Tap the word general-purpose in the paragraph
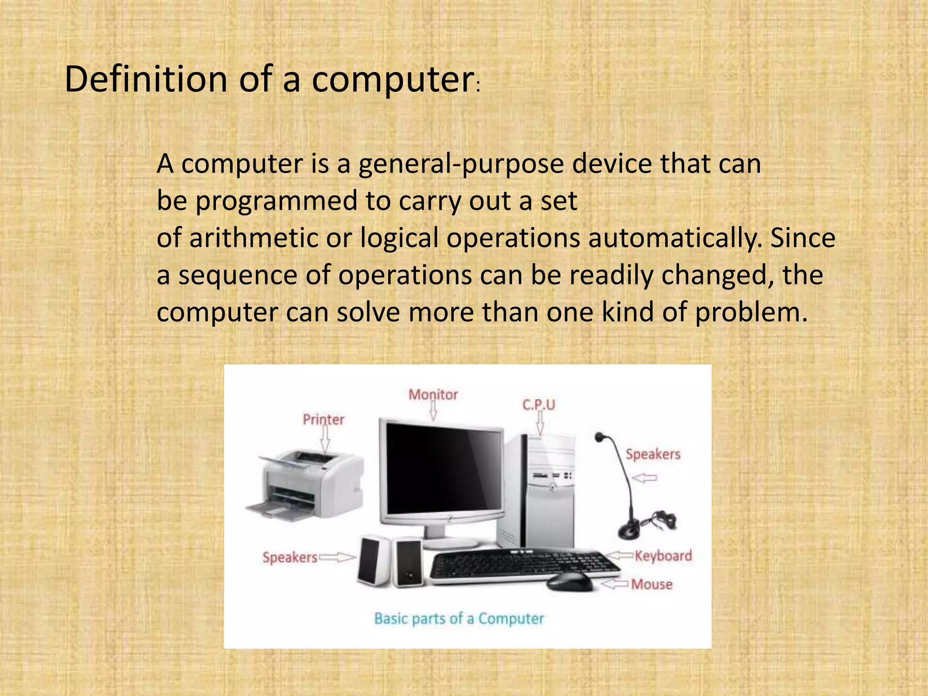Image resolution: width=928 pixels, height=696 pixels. pyautogui.click(x=461, y=164)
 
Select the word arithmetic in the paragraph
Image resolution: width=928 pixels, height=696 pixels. pyautogui.click(x=253, y=238)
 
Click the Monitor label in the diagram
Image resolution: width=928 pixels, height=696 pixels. pyautogui.click(x=433, y=395)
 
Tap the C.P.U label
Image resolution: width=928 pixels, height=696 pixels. pyautogui.click(x=538, y=405)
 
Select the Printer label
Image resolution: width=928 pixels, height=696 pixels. pyautogui.click(x=324, y=420)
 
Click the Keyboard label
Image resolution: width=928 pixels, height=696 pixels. pyautogui.click(x=663, y=556)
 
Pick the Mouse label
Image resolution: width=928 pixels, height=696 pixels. pyautogui.click(x=652, y=585)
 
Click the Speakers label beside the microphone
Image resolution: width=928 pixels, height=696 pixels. pyautogui.click(x=653, y=454)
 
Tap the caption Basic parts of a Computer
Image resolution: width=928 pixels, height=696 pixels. pyautogui.click(x=459, y=619)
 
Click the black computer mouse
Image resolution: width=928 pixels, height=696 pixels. pyautogui.click(x=569, y=581)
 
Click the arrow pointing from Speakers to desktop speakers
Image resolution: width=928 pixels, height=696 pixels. pyautogui.click(x=338, y=557)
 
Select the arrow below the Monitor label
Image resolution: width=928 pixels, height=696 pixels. pyautogui.click(x=433, y=411)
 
